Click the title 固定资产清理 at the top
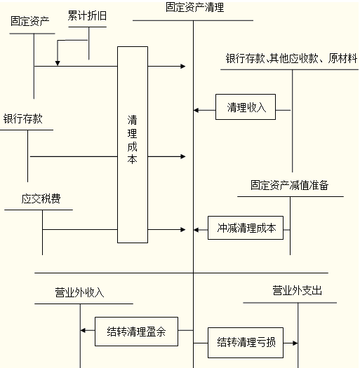tap(194, 7)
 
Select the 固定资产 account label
tap(30, 21)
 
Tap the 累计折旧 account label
tap(87, 15)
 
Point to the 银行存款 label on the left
tap(22, 118)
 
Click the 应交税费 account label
tap(41, 198)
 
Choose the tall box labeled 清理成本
tap(133, 144)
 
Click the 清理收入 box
tap(246, 107)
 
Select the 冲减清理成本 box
tap(246, 228)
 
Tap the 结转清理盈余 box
tap(136, 332)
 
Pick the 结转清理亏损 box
tap(246, 343)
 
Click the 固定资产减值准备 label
tap(289, 185)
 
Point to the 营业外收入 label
tap(79, 292)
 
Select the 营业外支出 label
tap(297, 290)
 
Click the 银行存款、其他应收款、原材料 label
tap(292, 58)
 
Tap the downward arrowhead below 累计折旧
tap(58, 63)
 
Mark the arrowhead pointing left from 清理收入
tap(196, 110)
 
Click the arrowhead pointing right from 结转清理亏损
tap(295, 343)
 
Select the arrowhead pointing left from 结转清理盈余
tap(83, 330)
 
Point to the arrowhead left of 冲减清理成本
tap(196, 230)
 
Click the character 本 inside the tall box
tap(133, 159)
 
